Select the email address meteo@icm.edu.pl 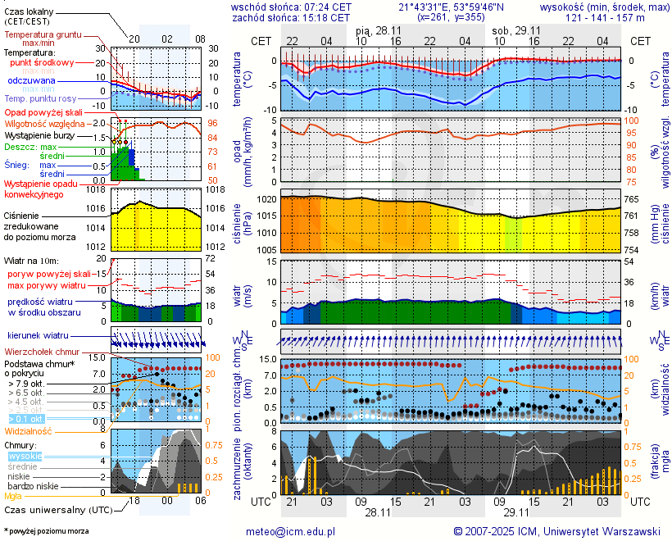[x=291, y=531]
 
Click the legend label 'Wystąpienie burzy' [x=40, y=134]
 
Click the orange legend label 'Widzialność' [x=29, y=430]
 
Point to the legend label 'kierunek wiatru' [x=39, y=336]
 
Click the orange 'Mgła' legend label [x=13, y=496]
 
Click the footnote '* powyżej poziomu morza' [x=46, y=531]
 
